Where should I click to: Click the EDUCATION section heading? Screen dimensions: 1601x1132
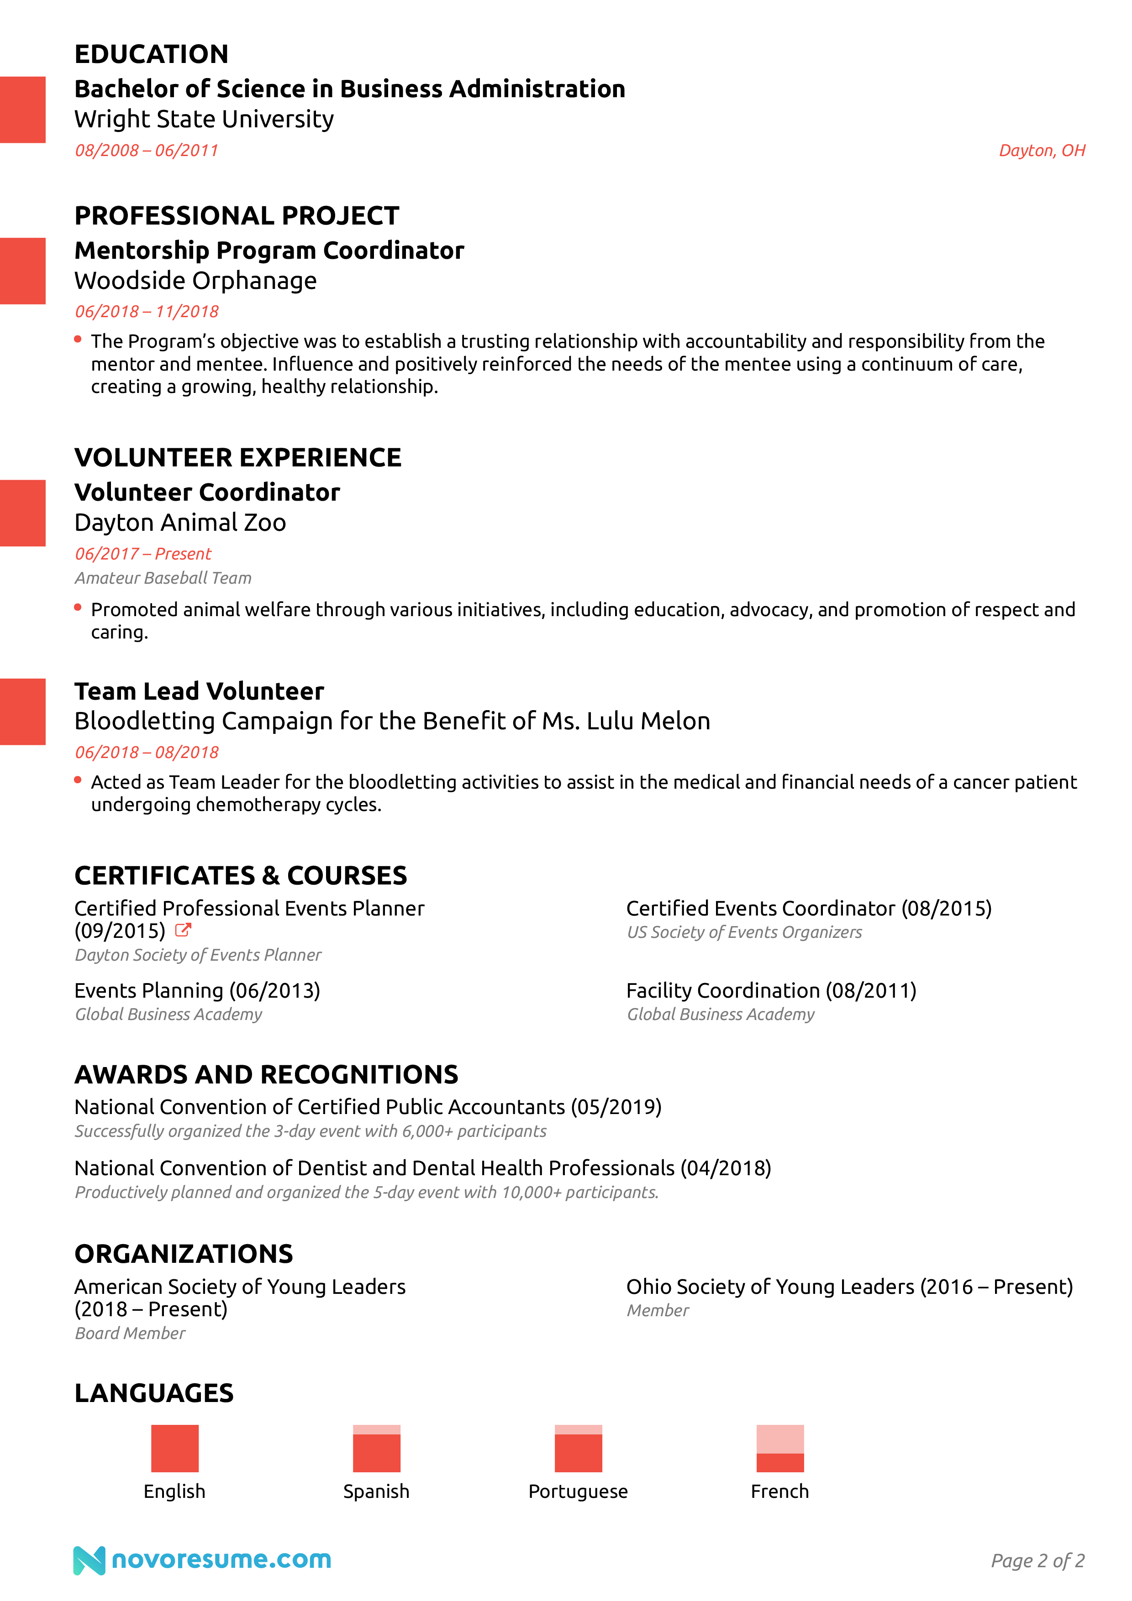coord(151,54)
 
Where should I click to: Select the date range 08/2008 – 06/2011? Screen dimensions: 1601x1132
coord(147,151)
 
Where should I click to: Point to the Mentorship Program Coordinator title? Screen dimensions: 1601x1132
coord(269,251)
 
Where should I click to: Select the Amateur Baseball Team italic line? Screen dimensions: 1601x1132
coord(163,578)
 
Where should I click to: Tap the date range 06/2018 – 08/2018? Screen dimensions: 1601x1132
coord(147,753)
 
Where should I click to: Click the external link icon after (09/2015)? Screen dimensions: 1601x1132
coord(183,930)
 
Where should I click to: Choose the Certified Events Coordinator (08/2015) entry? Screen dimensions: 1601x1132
coord(808,909)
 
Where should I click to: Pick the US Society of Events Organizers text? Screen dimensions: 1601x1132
coord(744,932)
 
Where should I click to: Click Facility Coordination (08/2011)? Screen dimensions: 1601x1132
coord(771,990)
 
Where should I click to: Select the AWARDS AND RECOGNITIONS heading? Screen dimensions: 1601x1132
coord(266,1074)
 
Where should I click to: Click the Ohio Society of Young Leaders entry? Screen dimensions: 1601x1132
coord(849,1287)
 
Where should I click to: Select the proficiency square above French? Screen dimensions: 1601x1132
coord(780,1448)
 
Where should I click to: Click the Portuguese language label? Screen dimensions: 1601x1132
coord(578,1491)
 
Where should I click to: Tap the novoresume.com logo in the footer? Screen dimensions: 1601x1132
coord(202,1560)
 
